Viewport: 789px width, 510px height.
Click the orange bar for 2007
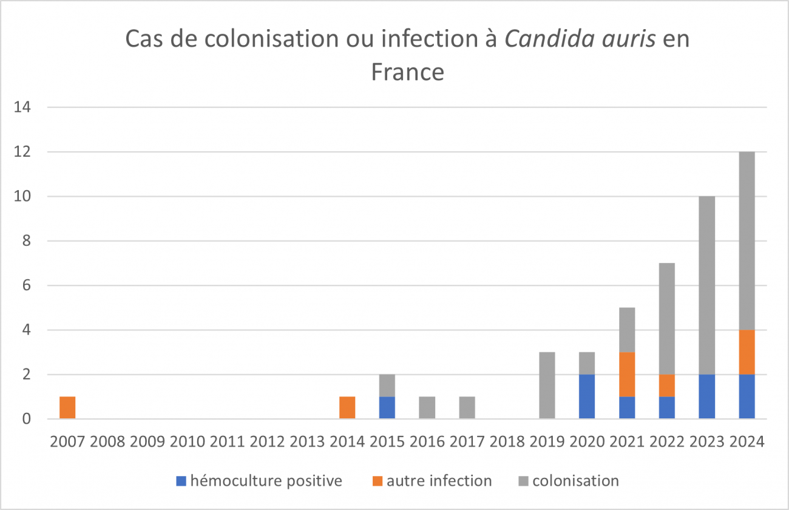[67, 407]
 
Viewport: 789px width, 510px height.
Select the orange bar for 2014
[347, 407]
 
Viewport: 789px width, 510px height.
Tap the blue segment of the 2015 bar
[387, 407]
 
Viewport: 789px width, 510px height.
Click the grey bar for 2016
[427, 407]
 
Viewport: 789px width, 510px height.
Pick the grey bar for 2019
[547, 385]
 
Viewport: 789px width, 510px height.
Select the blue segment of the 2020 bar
[587, 396]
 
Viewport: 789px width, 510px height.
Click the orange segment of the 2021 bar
[627, 374]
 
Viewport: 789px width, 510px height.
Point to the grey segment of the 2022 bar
[667, 319]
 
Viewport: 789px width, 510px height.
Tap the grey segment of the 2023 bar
[707, 285]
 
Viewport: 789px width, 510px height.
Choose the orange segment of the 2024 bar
[747, 352]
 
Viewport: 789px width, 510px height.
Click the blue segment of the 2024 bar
[747, 396]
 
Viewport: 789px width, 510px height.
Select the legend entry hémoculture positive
[266, 481]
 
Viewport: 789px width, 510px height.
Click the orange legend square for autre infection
[375, 481]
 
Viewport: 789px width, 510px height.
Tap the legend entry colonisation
[575, 481]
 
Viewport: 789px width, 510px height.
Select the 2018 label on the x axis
[507, 441]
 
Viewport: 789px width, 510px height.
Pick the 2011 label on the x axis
[227, 441]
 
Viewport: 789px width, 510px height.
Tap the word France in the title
[407, 72]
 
